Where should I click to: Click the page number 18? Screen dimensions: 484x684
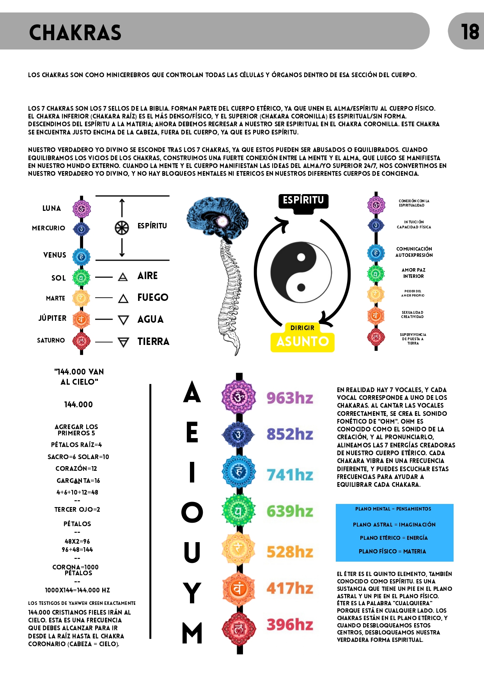click(470, 32)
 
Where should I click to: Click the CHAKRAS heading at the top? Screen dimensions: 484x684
click(75, 33)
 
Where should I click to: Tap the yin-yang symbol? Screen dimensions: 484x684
click(301, 272)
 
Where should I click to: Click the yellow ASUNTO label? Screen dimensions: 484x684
click(303, 342)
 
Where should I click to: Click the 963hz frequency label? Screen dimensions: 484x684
click(290, 398)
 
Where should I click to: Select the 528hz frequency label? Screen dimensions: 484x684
click(290, 552)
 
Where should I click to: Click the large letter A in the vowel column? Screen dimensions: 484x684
click(192, 392)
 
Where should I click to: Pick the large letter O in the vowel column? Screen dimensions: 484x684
click(192, 512)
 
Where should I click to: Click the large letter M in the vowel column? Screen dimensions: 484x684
click(192, 633)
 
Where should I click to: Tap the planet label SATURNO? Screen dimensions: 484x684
click(51, 340)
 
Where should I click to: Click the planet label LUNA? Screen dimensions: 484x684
click(51, 208)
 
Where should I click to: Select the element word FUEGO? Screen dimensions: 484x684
click(153, 297)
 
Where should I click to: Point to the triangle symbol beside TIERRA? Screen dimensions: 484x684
click(123, 342)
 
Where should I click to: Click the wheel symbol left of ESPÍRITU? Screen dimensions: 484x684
click(122, 228)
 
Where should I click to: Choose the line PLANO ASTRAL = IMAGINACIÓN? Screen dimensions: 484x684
click(394, 525)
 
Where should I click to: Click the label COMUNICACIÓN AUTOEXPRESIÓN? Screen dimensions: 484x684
click(414, 252)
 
